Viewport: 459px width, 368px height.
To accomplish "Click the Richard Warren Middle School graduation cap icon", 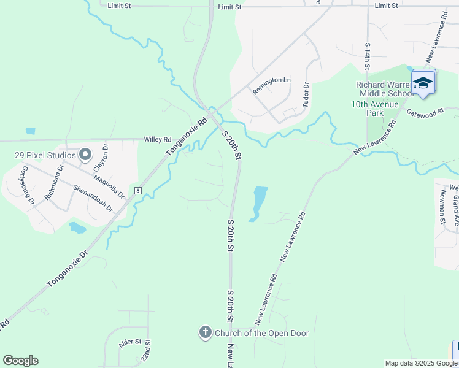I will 423,82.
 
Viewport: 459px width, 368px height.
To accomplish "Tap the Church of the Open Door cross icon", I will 205,333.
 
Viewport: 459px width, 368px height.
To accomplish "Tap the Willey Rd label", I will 156,140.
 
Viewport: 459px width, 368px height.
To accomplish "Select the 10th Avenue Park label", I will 376,109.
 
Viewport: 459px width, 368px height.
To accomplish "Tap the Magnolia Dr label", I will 109,187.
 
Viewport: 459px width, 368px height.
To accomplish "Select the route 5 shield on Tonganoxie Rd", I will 139,191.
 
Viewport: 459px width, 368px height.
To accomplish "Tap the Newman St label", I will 442,207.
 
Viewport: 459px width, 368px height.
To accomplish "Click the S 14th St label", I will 368,59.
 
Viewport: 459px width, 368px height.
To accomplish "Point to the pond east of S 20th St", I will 258,202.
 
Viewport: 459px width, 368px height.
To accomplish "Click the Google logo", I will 20,361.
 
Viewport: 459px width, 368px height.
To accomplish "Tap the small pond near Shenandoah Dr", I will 77,228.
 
